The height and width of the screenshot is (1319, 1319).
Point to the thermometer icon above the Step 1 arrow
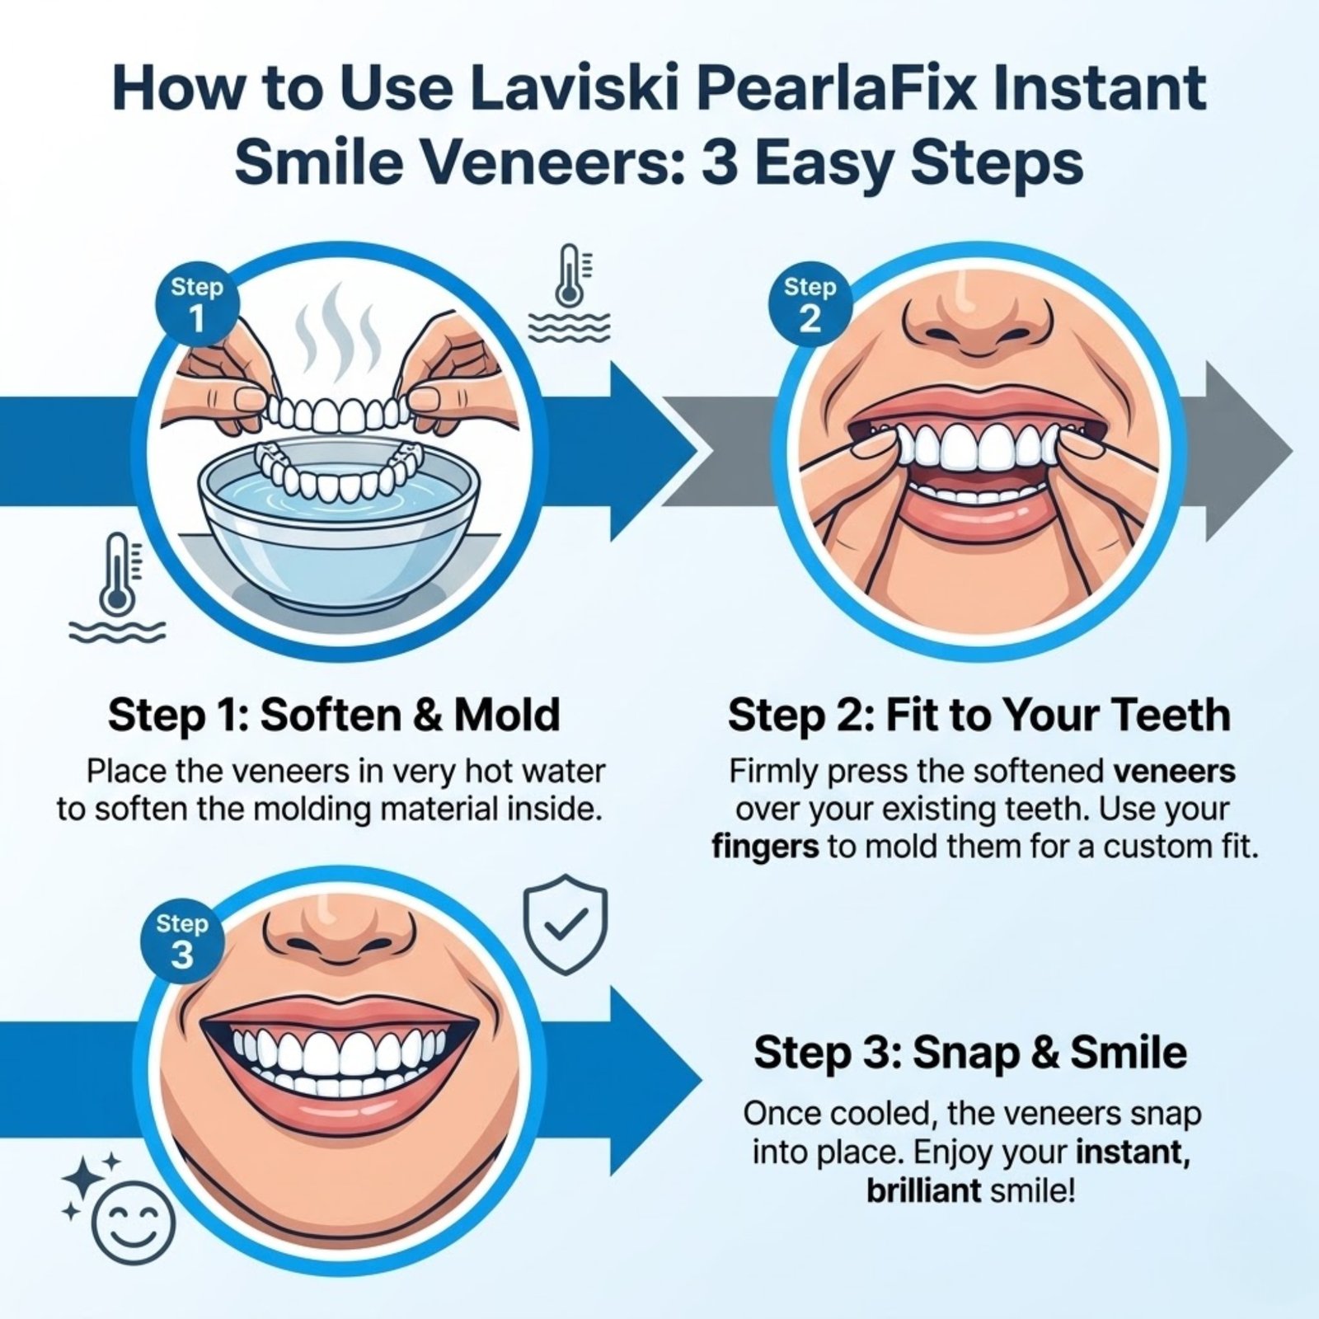click(x=570, y=293)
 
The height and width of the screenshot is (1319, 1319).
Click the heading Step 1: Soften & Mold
click(x=334, y=715)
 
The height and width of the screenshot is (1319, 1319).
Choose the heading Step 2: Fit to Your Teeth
click(x=979, y=715)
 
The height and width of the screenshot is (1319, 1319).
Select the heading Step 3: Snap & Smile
click(x=970, y=1053)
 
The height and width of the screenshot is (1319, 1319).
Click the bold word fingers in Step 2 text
click(x=766, y=847)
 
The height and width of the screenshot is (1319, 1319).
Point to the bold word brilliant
click(x=923, y=1190)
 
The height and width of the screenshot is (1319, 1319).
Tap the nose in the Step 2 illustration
click(x=978, y=317)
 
